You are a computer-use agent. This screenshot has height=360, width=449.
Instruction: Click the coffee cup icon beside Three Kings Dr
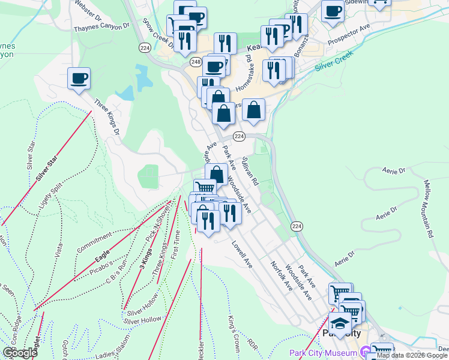pos(79,78)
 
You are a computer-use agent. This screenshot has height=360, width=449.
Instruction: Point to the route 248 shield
pos(196,62)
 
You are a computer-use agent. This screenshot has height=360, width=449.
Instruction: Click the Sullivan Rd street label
pos(250,172)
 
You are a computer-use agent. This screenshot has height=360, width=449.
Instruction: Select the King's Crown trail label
pos(233,329)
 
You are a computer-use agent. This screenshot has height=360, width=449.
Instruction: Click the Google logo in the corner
pos(20,353)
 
